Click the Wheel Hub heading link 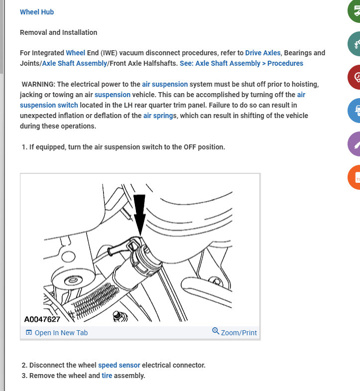click(37, 12)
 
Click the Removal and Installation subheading click(58, 32)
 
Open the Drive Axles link click(263, 53)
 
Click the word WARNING click(38, 84)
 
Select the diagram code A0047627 click(42, 319)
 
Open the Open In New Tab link click(56, 333)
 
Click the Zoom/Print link click(235, 332)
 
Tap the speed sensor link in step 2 click(119, 365)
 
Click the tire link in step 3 click(107, 376)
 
